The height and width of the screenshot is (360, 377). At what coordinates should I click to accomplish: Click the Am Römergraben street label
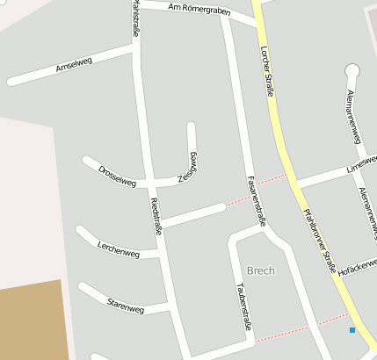coord(185,10)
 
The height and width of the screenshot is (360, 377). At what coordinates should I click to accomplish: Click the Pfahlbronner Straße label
coord(318,237)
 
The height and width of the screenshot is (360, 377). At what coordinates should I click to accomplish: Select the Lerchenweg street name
coord(119,249)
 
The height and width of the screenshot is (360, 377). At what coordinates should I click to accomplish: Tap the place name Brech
coord(260,270)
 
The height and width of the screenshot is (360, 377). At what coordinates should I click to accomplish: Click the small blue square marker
coord(352,330)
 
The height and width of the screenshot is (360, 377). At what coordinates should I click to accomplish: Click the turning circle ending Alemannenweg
coord(353,70)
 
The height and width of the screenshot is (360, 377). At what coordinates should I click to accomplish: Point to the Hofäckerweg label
coord(356,263)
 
